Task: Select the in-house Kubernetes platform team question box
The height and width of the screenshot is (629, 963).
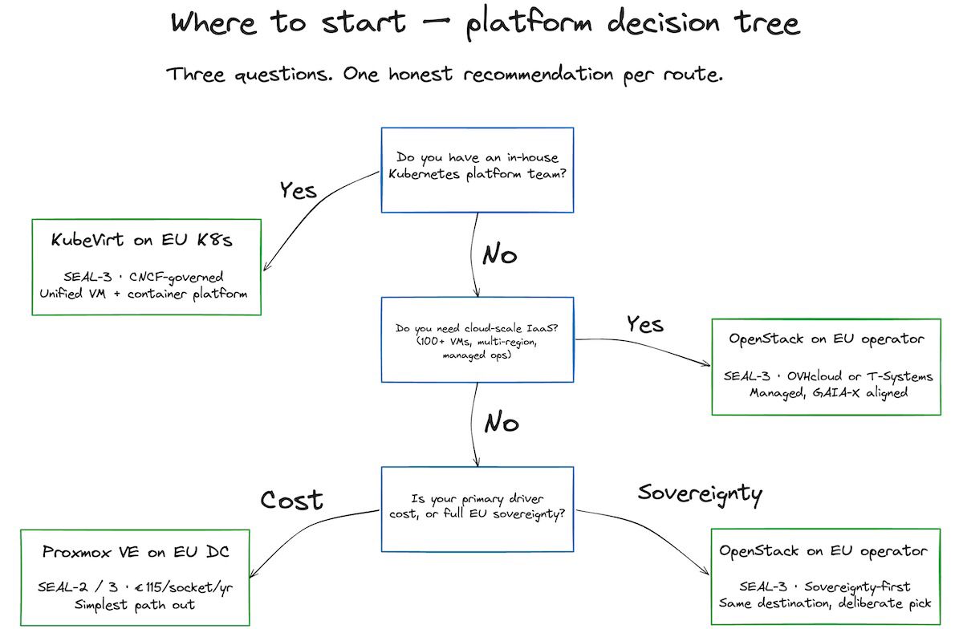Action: click(477, 169)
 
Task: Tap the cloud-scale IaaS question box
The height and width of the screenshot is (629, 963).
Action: click(477, 341)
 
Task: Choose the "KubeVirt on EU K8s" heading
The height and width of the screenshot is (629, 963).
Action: click(144, 241)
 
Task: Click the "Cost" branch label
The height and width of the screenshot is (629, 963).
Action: click(291, 500)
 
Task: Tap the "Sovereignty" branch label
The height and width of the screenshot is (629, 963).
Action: click(700, 492)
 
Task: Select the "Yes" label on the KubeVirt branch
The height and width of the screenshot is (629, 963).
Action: click(298, 190)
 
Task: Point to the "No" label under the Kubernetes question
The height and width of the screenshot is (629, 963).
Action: click(499, 254)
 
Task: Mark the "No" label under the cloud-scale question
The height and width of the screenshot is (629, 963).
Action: click(502, 423)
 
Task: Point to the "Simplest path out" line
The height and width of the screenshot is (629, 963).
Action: click(136, 604)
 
